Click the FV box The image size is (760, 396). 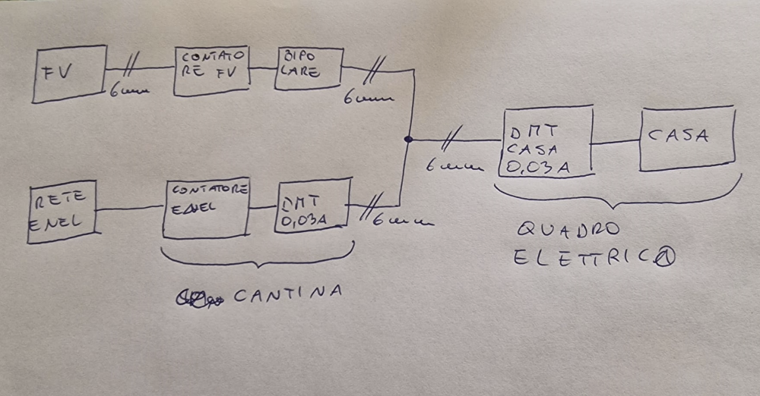(x=69, y=74)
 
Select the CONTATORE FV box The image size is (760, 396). (x=211, y=71)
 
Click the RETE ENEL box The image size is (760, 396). (x=62, y=211)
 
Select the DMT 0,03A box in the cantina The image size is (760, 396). (x=312, y=205)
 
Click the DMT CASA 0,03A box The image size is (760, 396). (x=546, y=141)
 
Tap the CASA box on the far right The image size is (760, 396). (x=687, y=138)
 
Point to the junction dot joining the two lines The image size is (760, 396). (x=408, y=139)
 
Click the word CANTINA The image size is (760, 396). (x=287, y=294)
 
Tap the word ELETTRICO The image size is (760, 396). (x=594, y=259)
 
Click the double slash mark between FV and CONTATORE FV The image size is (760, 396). (x=130, y=67)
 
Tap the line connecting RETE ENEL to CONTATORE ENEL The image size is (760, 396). (x=129, y=207)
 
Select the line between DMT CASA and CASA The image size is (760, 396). (x=616, y=141)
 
